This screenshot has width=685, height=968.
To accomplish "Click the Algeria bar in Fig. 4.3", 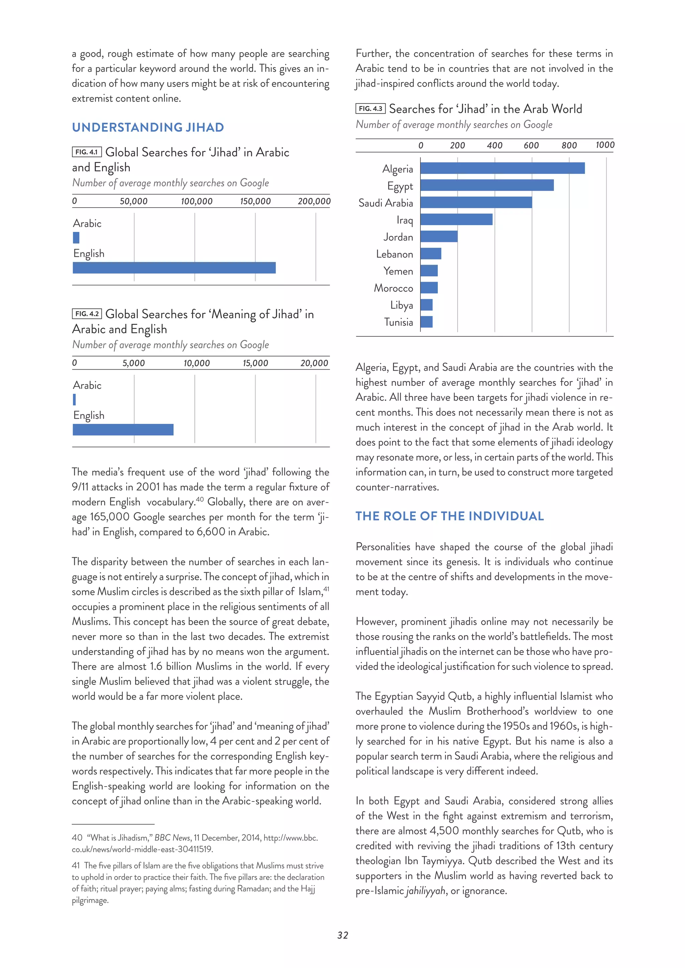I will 502,168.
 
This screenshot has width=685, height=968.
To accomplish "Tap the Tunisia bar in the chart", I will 426,322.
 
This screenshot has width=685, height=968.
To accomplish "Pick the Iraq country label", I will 404,220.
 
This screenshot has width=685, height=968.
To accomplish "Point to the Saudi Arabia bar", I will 476,202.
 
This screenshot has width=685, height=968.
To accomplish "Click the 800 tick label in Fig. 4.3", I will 569,145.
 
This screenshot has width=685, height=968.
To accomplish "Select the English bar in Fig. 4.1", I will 174,268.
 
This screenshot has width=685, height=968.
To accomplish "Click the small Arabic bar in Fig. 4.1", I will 76,238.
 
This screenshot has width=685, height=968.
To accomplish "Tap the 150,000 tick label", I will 255,202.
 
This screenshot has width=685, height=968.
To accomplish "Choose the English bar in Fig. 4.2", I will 123,430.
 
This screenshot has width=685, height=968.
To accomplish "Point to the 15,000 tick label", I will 255,363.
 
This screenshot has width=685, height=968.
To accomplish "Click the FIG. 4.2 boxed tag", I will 87,314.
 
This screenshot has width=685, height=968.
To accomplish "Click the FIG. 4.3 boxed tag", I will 370,109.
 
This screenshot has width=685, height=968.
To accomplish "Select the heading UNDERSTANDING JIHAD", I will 148,127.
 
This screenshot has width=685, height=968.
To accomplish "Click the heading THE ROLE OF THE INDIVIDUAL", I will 449,516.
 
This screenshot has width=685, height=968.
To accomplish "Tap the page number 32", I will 342,935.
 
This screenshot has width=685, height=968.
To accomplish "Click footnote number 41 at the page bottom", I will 76,865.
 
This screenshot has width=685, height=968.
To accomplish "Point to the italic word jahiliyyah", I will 425,890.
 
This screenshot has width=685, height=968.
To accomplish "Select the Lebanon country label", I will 394,254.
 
